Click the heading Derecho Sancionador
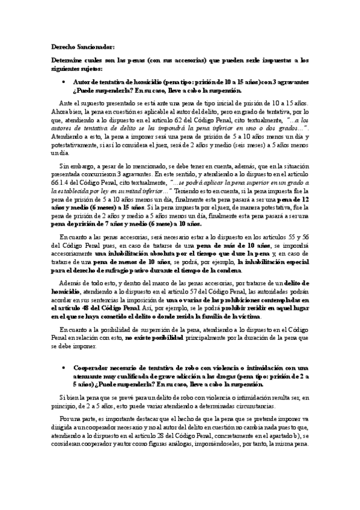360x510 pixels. (x=78, y=46)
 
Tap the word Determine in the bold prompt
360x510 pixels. (x=66, y=61)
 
